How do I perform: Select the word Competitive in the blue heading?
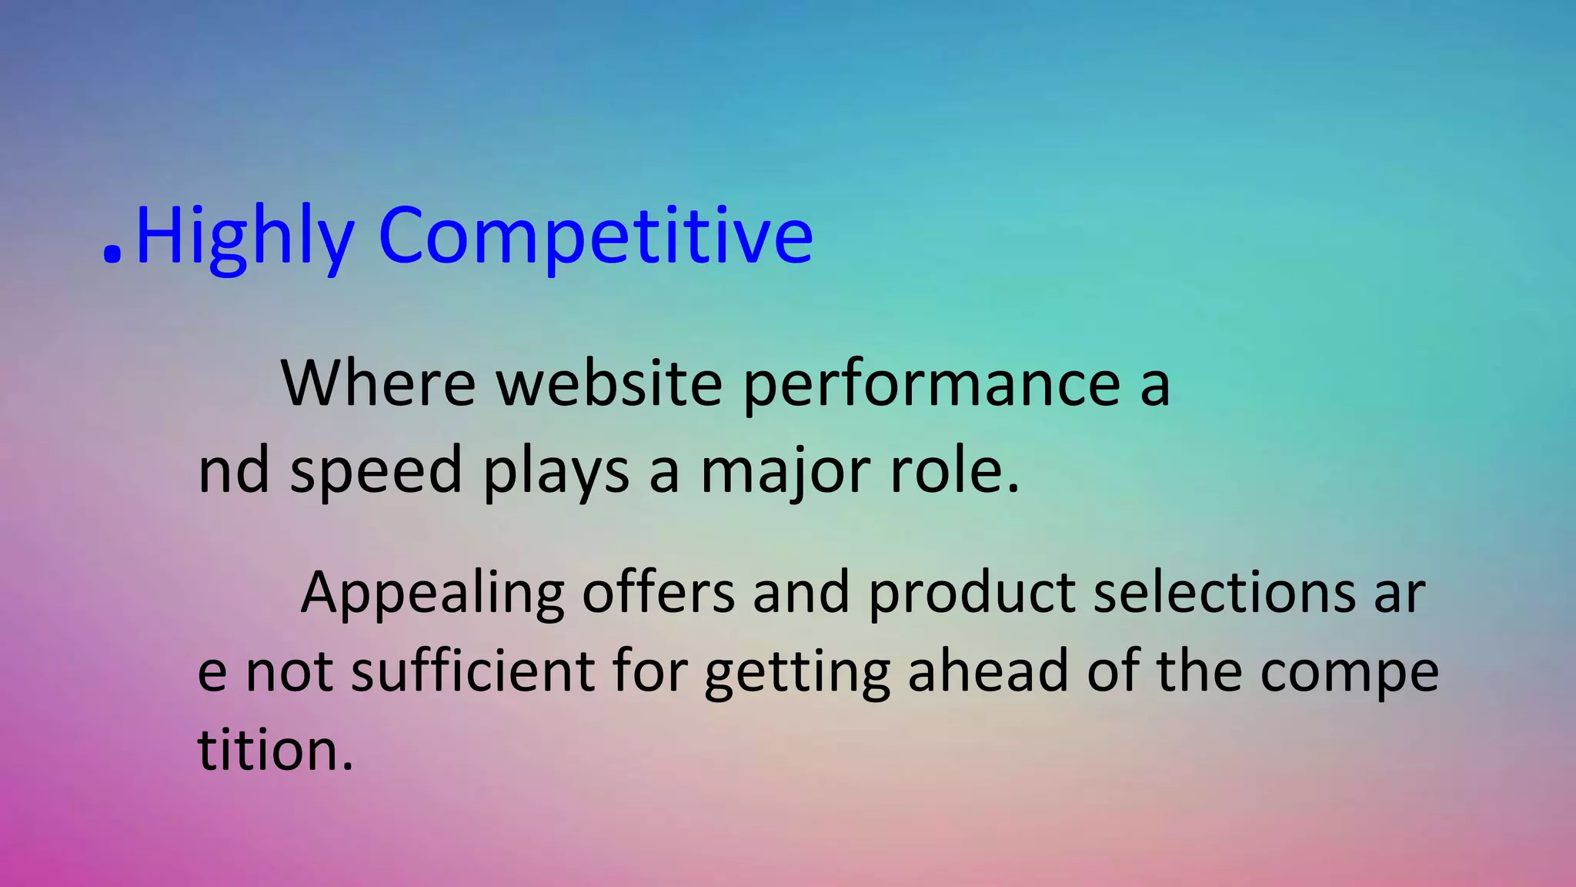[x=595, y=236]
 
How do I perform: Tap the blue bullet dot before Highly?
[x=112, y=255]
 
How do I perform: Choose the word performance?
[x=931, y=384]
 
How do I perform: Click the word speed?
[x=376, y=471]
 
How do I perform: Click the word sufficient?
[x=472, y=670]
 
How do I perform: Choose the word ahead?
[x=988, y=670]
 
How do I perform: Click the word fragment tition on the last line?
[x=275, y=748]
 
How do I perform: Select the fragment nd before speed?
[x=234, y=470]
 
